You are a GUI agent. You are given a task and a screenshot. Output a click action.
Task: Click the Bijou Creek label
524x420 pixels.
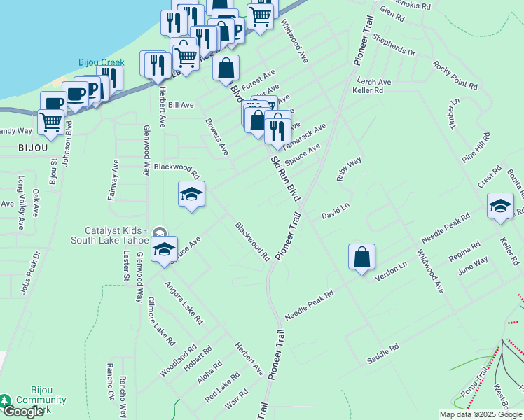[101, 63]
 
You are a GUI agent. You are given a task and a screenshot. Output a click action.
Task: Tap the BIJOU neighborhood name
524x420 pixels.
[33, 148]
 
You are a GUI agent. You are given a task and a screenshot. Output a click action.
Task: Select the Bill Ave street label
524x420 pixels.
[181, 105]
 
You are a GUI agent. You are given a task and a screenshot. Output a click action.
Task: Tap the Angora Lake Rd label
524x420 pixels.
[184, 303]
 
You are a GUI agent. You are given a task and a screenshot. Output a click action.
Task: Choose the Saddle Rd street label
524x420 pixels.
[382, 353]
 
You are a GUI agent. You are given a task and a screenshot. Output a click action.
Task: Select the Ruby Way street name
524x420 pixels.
[349, 169]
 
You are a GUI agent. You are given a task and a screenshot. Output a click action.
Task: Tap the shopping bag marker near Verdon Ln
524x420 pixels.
[361, 258]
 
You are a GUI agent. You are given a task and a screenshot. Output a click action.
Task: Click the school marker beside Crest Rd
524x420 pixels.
[500, 205]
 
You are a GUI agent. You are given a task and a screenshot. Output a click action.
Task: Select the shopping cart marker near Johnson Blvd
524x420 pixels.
[50, 122]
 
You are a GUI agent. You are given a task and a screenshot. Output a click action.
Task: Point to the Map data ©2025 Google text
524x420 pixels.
[481, 414]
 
